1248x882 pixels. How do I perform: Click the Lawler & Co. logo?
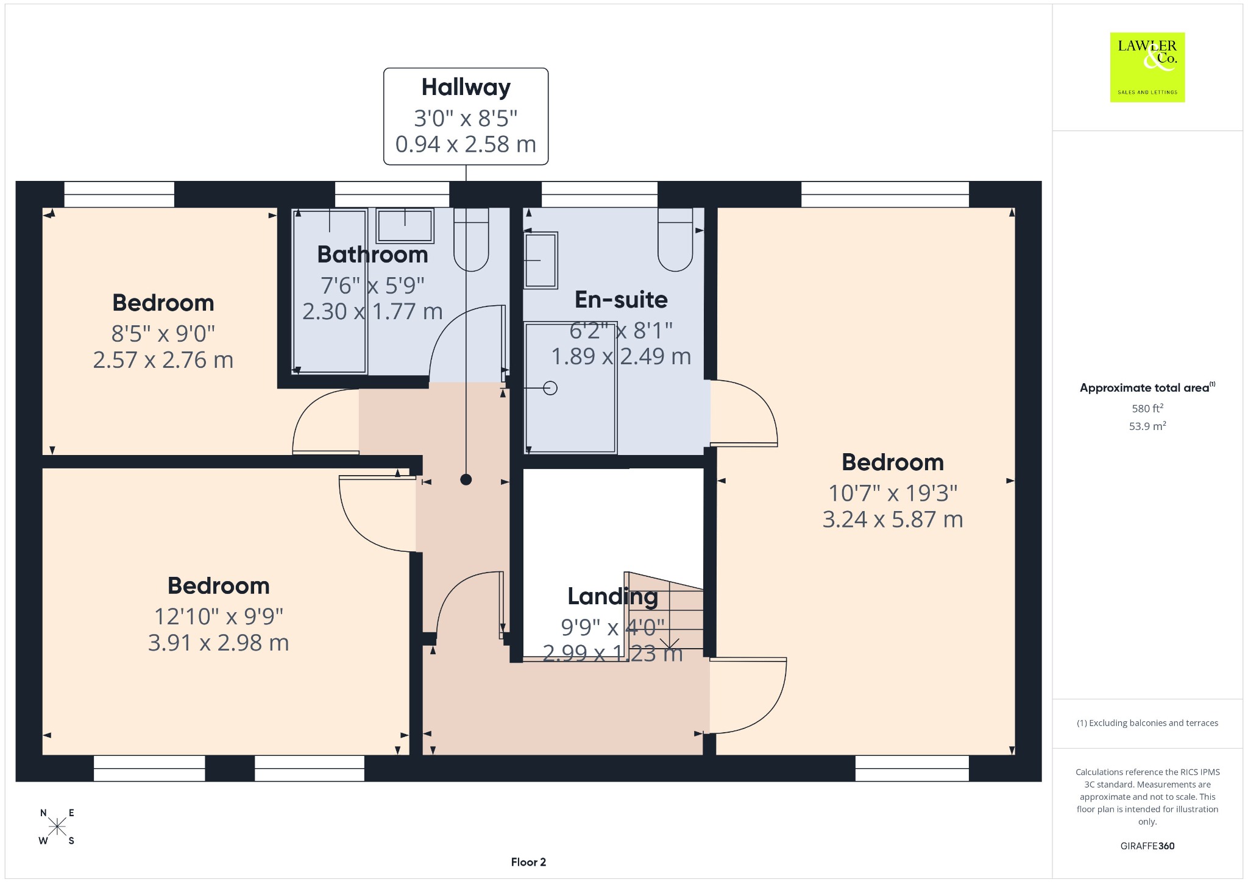pos(1147,67)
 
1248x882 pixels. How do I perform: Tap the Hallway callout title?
pos(466,87)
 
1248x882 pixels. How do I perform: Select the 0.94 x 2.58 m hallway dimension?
pos(466,144)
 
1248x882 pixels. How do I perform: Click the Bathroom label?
pos(372,255)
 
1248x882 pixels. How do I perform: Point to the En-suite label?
pos(621,300)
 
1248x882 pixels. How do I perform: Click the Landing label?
pos(612,596)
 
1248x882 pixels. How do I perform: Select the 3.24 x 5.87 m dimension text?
pos(893,520)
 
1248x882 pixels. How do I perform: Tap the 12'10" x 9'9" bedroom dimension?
pos(218,616)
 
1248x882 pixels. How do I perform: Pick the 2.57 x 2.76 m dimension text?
pos(163,360)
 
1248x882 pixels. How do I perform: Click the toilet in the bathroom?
pos(471,239)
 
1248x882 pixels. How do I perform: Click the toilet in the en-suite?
pos(675,239)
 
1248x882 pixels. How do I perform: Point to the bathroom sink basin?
pos(405,226)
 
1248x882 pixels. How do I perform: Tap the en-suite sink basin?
pos(541,260)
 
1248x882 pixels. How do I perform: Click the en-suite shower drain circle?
pos(550,388)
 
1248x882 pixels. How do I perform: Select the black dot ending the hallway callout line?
pos(466,479)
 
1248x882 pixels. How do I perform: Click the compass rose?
pos(57,827)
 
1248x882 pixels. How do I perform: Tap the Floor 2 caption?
pos(528,862)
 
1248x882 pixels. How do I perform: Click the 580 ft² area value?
pos(1147,408)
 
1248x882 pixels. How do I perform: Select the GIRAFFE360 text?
pos(1147,845)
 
